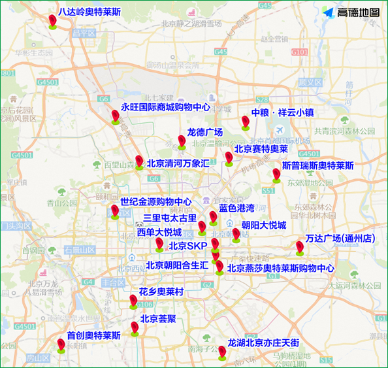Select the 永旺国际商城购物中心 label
point(165,107)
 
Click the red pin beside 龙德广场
point(182,141)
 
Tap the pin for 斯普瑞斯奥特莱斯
point(276,175)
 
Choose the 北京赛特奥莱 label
point(261,149)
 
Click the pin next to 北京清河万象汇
point(139,162)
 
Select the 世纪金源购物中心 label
point(156,202)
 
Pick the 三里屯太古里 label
point(170,218)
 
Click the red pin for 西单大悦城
point(159,244)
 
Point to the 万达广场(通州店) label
point(340,239)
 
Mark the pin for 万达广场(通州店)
point(299,248)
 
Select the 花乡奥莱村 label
point(161,291)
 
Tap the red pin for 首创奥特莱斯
point(61,345)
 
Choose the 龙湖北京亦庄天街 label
point(263,343)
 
